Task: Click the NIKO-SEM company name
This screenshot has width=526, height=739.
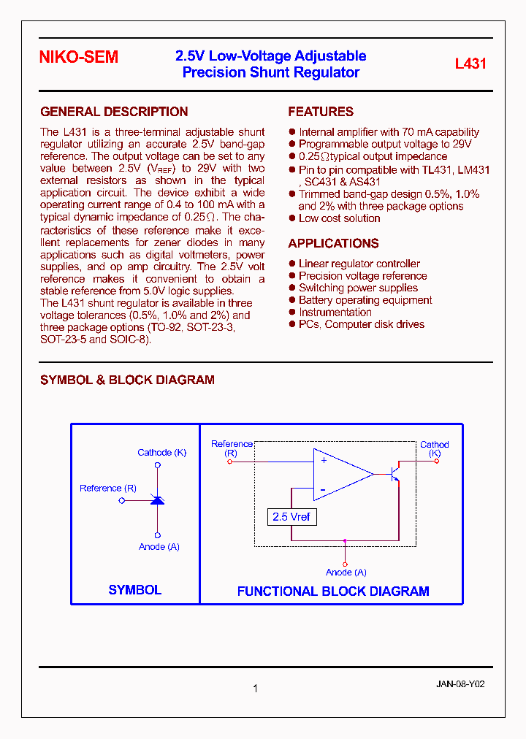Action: point(79,58)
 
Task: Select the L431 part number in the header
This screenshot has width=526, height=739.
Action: point(470,64)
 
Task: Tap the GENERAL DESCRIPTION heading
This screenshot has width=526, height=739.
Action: point(114,112)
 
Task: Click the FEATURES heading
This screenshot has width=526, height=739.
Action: point(321,112)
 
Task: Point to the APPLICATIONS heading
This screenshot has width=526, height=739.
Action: point(333,244)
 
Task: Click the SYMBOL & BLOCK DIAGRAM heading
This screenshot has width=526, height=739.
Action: point(127,380)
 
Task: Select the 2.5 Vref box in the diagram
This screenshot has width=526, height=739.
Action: point(291,517)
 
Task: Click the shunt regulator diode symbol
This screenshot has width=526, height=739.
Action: point(157,500)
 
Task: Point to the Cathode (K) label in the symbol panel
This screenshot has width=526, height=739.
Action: point(161,453)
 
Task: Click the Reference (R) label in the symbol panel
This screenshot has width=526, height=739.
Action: point(108,489)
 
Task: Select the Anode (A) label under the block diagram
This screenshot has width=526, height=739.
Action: point(346,573)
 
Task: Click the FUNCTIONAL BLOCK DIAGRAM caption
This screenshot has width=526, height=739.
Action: point(333,591)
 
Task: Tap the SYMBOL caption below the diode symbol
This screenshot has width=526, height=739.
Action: point(135,590)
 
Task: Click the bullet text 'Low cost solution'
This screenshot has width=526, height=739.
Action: point(340,218)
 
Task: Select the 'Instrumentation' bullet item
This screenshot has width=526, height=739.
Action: point(335,313)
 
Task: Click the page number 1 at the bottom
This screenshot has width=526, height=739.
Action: point(255,688)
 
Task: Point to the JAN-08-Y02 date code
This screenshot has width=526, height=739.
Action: point(460,685)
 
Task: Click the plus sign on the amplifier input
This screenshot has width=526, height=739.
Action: point(324,461)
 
